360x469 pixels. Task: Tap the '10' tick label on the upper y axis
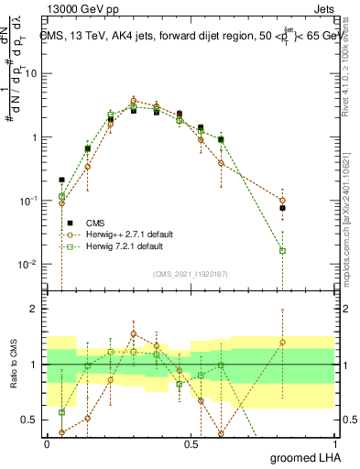click(x=29, y=74)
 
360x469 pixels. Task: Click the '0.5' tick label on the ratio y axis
click(x=29, y=420)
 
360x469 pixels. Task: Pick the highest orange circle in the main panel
click(x=134, y=101)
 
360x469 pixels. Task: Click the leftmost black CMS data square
click(x=62, y=180)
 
